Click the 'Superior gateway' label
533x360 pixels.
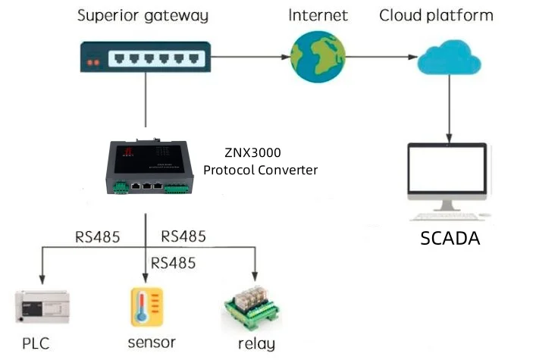tap(143, 15)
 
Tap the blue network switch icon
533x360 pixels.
tap(145, 57)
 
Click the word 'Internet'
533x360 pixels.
tap(318, 15)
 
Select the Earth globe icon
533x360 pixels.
tap(318, 57)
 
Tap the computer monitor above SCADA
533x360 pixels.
tap(447, 176)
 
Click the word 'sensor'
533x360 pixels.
tap(152, 342)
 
